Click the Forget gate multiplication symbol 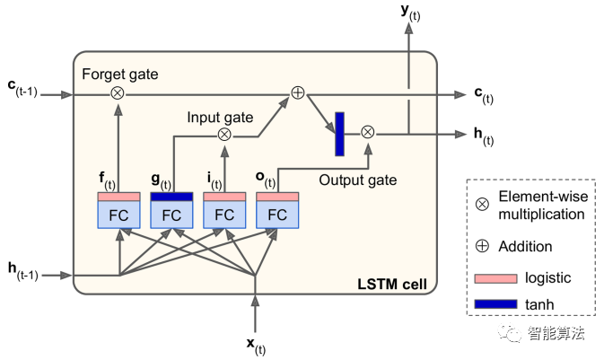[x=118, y=92]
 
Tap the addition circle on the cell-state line [x=298, y=92]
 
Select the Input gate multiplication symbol [x=224, y=135]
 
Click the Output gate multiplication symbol [x=367, y=132]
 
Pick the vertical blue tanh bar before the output [x=340, y=133]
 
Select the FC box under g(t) [x=171, y=215]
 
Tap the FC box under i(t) [x=224, y=215]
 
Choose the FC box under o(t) [x=277, y=215]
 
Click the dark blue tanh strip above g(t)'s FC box [x=171, y=197]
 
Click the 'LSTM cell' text [x=391, y=285]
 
